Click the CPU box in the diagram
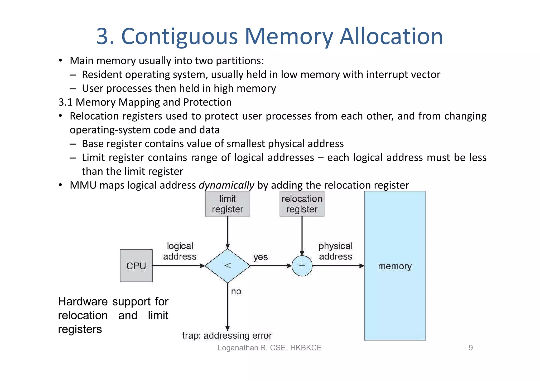(136, 266)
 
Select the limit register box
(227, 204)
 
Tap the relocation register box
(302, 204)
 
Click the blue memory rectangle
(395, 290)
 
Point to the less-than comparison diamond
(228, 266)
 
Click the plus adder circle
(302, 266)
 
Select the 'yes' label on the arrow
(261, 257)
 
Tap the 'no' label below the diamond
(236, 291)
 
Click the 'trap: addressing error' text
(227, 335)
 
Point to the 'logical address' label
(180, 251)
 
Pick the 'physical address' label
(335, 251)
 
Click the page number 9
(471, 348)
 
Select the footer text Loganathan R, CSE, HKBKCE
(269, 348)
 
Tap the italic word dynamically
(226, 185)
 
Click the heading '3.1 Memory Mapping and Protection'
(145, 102)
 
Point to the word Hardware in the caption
(83, 301)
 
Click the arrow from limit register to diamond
(228, 232)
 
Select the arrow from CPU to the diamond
(178, 266)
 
